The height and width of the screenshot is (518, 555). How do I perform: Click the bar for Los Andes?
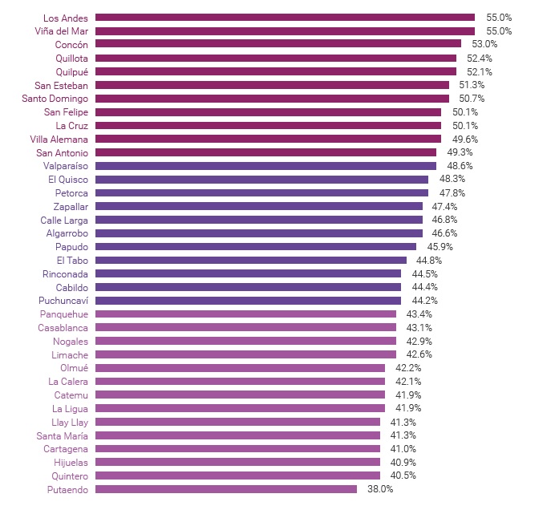tap(285, 17)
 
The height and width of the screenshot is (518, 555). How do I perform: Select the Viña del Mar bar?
tap(285, 30)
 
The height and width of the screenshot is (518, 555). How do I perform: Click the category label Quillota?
tap(71, 58)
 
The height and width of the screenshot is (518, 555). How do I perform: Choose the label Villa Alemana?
tap(60, 139)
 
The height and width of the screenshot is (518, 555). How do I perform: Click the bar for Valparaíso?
tap(265, 166)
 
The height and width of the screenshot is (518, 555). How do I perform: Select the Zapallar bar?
tap(259, 206)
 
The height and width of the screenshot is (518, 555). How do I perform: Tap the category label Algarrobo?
tap(67, 233)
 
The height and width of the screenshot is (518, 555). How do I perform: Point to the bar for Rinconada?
tap(248, 273)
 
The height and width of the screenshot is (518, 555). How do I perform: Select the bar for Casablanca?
tap(245, 327)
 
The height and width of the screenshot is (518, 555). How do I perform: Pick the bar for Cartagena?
tap(237, 449)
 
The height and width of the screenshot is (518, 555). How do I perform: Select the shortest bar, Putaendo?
tap(226, 489)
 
